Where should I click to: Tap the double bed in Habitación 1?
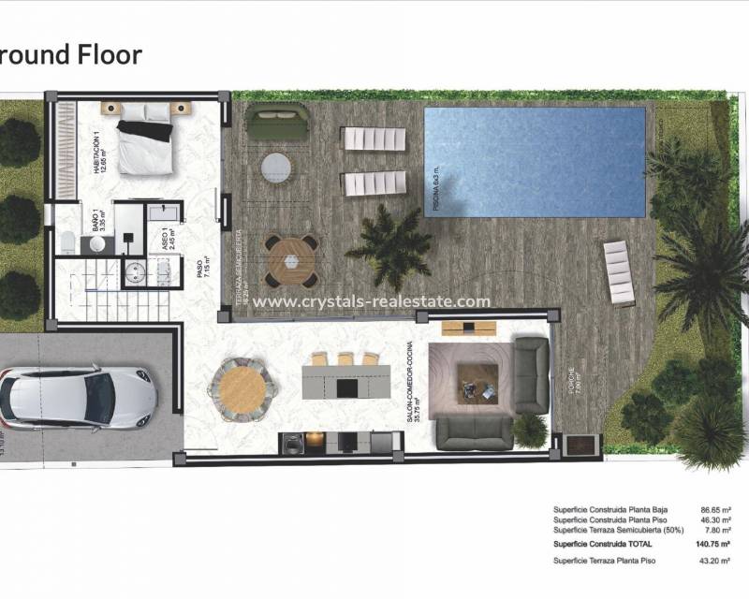point(145,138)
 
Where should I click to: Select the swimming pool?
point(535,162)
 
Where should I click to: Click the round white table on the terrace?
point(276,168)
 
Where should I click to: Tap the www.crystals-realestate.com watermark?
point(372,301)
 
